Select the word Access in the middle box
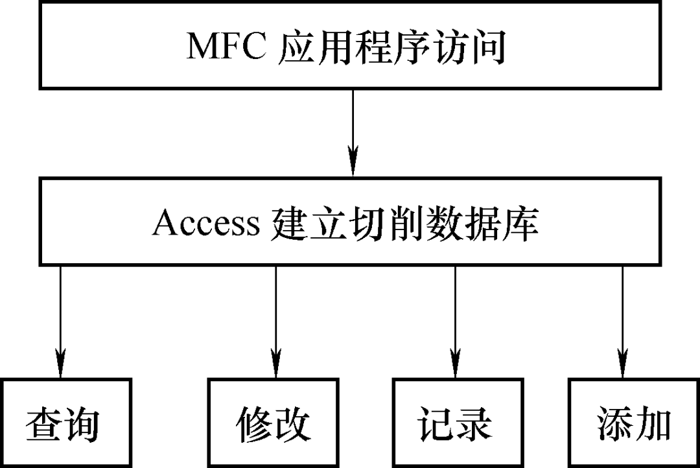[206, 224]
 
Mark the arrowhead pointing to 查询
[60, 363]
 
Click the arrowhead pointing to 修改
[275, 363]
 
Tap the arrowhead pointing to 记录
[455, 363]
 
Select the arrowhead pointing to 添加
[623, 363]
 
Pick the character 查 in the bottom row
[43, 425]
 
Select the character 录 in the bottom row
[473, 425]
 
